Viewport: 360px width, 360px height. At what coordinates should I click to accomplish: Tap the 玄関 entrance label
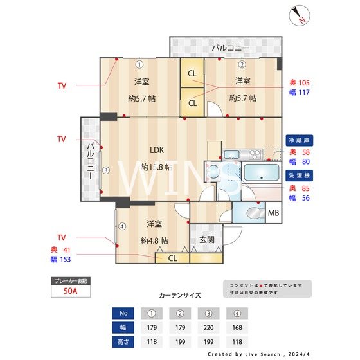click(x=207, y=239)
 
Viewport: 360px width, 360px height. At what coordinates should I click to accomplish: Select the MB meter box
click(x=273, y=213)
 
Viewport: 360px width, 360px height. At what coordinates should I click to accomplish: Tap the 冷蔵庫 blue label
click(x=300, y=139)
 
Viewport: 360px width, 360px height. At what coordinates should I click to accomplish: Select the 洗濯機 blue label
click(x=300, y=175)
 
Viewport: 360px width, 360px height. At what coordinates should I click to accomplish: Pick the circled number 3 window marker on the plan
click(x=107, y=170)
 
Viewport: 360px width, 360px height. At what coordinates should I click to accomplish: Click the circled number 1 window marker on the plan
click(x=139, y=64)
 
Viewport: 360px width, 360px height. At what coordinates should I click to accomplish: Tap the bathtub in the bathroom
click(x=249, y=174)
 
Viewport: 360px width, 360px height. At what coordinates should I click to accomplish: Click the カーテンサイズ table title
click(x=180, y=295)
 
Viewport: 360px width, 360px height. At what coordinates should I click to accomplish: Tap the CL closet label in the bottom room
click(x=172, y=258)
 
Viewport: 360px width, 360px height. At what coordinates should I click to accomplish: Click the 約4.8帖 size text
click(x=154, y=240)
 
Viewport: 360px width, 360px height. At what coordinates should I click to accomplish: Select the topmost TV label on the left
click(x=62, y=85)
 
